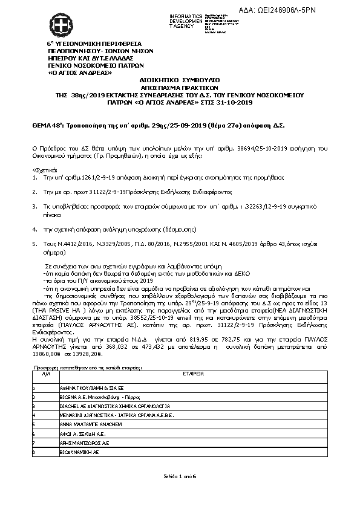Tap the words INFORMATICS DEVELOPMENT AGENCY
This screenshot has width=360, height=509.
[x=185, y=21]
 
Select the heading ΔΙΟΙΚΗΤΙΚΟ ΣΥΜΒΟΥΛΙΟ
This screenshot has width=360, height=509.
[x=180, y=79]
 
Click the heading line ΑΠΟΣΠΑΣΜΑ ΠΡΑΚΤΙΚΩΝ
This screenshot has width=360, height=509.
[x=180, y=87]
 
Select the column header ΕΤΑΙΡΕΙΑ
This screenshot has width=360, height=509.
[x=193, y=374]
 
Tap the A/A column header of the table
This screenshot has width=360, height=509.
[x=44, y=374]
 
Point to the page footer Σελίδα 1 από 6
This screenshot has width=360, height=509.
[x=180, y=477]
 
